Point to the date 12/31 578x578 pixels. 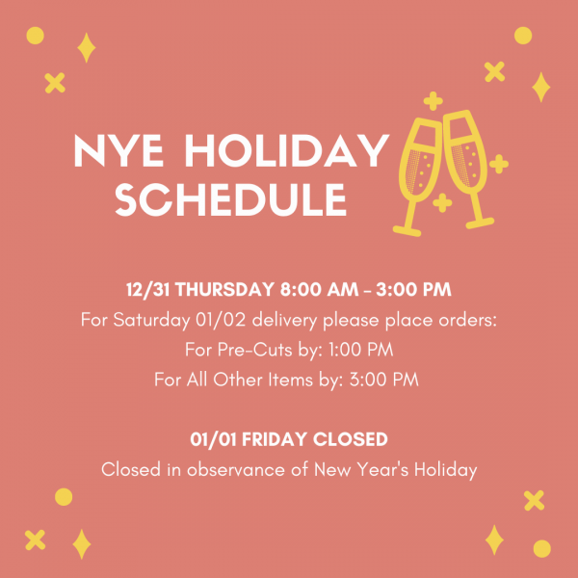click(x=147, y=290)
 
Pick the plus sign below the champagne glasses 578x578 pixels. click(x=441, y=202)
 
